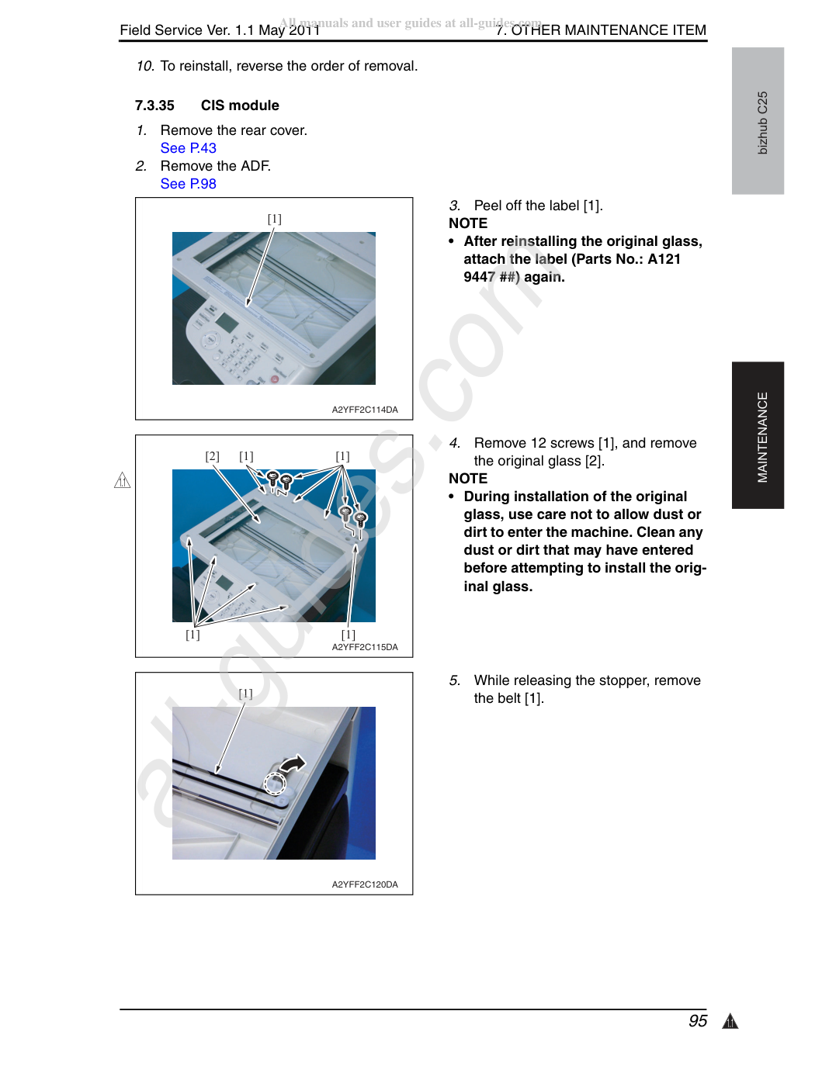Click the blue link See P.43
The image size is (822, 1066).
(188, 148)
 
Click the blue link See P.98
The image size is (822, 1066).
(188, 184)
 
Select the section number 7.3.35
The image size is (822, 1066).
(154, 106)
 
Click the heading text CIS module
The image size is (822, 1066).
(240, 106)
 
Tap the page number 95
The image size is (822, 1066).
(697, 1021)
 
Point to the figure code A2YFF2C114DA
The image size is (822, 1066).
(365, 410)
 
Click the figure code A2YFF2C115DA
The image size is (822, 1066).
(365, 647)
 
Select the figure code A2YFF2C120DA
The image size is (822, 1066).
(365, 884)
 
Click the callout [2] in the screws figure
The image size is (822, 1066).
(212, 456)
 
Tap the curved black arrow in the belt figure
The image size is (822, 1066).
(293, 763)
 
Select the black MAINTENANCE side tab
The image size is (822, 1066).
(758, 435)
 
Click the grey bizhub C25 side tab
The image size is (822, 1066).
(758, 121)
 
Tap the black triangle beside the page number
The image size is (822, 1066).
(730, 1021)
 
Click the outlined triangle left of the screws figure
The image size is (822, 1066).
(122, 480)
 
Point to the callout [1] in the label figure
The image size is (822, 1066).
(274, 219)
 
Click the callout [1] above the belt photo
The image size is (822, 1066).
(245, 694)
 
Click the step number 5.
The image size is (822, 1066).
(455, 680)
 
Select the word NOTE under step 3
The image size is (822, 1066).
(468, 223)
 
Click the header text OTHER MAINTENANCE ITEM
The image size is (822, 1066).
(609, 30)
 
